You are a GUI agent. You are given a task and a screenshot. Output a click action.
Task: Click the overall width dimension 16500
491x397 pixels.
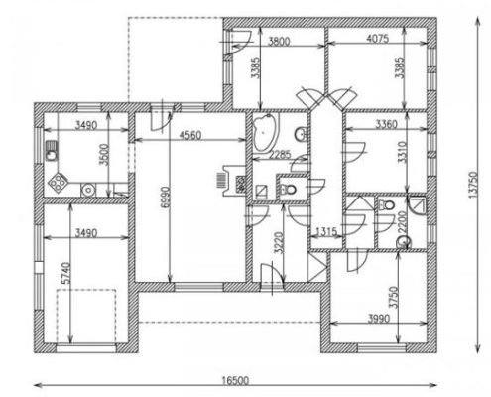pyautogui.click(x=235, y=380)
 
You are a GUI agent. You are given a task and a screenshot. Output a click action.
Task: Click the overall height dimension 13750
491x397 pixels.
pyautogui.click(x=473, y=185)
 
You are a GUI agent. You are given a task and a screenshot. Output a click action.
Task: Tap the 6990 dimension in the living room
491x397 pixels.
pyautogui.click(x=165, y=198)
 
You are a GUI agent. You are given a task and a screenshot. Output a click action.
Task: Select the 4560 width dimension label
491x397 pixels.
pyautogui.click(x=189, y=135)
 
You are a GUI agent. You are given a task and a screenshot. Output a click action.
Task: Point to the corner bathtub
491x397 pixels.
pyautogui.click(x=265, y=132)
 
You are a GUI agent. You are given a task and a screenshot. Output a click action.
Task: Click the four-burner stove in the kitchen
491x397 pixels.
pyautogui.click(x=58, y=182)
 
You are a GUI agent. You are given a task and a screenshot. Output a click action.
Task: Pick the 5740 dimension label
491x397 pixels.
pyautogui.click(x=66, y=273)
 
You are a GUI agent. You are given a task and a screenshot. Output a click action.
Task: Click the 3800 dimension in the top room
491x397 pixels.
pyautogui.click(x=279, y=42)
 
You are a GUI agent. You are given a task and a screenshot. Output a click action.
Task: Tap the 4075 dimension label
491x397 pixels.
pyautogui.click(x=378, y=39)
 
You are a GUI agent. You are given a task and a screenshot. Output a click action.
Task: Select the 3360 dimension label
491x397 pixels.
pyautogui.click(x=386, y=124)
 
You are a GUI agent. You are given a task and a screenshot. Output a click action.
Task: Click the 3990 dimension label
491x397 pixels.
pyautogui.click(x=379, y=319)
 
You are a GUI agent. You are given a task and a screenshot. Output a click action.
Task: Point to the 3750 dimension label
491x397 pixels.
pyautogui.click(x=394, y=297)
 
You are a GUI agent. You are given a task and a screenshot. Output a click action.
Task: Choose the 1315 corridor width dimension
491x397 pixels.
pyautogui.click(x=326, y=232)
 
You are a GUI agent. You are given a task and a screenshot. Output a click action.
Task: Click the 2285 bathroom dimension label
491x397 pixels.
pyautogui.click(x=280, y=155)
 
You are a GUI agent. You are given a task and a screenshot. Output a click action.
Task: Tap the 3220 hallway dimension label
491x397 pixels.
pyautogui.click(x=280, y=243)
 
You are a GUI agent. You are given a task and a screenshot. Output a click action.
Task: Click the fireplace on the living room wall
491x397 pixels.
pyautogui.click(x=232, y=181)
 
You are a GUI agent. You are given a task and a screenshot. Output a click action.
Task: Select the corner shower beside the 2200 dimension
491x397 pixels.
pyautogui.click(x=418, y=205)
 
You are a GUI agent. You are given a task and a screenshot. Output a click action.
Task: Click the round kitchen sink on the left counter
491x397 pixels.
pyautogui.click(x=52, y=155)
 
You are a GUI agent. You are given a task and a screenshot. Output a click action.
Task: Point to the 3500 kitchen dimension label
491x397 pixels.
pyautogui.click(x=104, y=155)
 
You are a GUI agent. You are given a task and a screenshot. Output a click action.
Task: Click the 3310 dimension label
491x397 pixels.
pyautogui.click(x=402, y=152)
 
